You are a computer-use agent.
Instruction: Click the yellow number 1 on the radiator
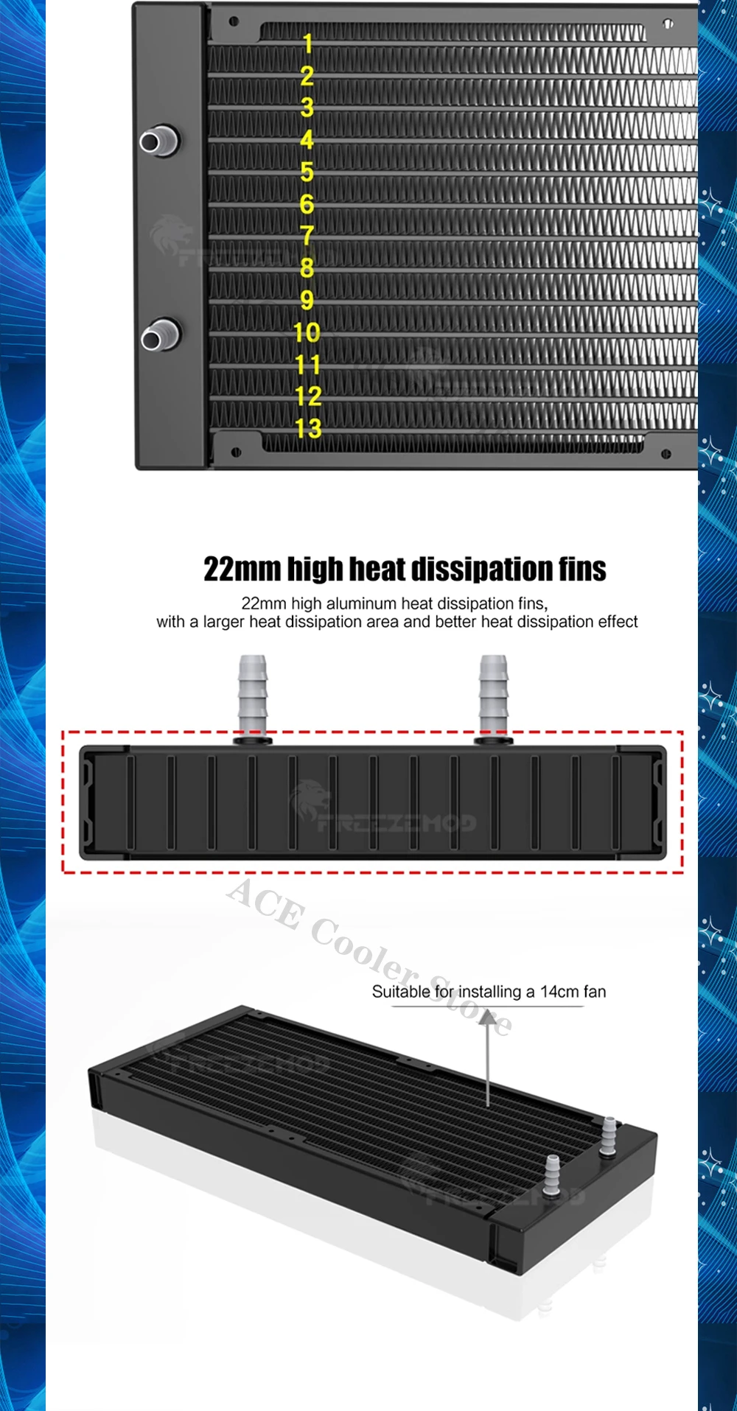point(308,43)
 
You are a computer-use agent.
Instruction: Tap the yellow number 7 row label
point(307,236)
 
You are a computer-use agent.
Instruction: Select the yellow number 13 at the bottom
point(308,428)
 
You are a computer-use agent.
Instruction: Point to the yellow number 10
point(307,332)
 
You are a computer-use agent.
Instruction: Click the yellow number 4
point(307,139)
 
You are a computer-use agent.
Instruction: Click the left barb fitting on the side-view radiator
point(252,696)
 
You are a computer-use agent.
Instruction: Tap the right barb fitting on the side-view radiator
point(493,696)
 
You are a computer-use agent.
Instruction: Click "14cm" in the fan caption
point(559,992)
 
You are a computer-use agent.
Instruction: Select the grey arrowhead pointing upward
point(488,1018)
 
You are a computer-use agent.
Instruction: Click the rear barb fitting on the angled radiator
point(609,1135)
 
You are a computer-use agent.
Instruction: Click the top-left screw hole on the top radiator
point(234,21)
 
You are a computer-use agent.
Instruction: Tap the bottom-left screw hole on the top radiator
point(236,452)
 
